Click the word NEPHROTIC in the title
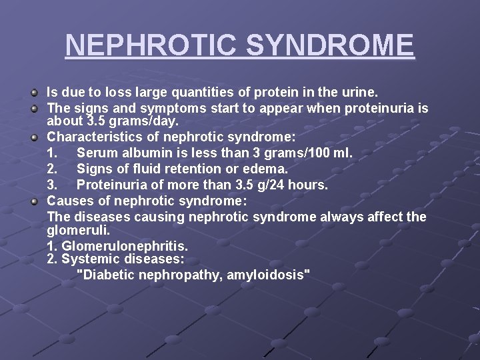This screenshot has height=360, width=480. click(151, 45)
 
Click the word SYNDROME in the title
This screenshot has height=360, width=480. click(330, 45)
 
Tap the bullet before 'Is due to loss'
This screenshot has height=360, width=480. click(35, 89)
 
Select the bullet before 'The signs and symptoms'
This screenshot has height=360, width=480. click(35, 106)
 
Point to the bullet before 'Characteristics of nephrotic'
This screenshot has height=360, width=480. click(35, 138)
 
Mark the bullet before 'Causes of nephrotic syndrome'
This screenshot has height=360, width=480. click(35, 201)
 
